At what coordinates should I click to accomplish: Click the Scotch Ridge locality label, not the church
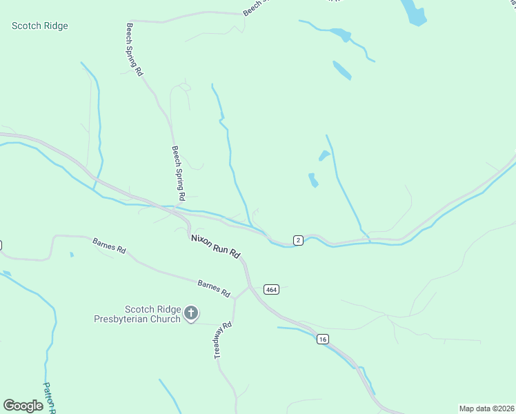[40, 26]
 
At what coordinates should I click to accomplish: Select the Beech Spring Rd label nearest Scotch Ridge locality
[134, 49]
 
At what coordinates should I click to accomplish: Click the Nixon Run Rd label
[215, 246]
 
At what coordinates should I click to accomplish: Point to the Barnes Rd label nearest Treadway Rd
[213, 288]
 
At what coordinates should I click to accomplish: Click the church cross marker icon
[191, 315]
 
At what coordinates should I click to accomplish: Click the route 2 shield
[297, 240]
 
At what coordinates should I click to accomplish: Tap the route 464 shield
[271, 290]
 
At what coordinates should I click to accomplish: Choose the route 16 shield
[322, 339]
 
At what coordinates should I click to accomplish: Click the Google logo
[23, 405]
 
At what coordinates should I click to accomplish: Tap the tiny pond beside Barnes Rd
[71, 255]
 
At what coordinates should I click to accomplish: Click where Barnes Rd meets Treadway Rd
[235, 299]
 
